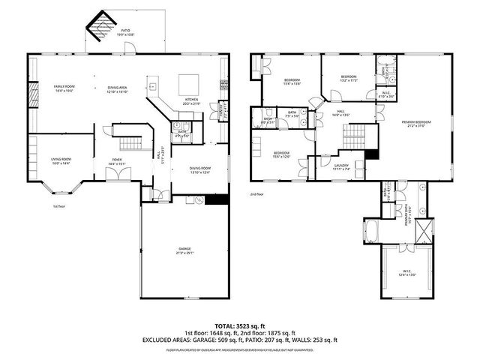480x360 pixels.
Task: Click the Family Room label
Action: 64,88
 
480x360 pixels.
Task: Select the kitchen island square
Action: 187,84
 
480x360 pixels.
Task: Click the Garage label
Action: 184,250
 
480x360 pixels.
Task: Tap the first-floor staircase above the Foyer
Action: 131,143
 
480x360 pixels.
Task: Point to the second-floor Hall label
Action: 340,112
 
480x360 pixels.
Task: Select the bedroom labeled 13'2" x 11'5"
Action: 349,77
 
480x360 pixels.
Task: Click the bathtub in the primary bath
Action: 374,229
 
